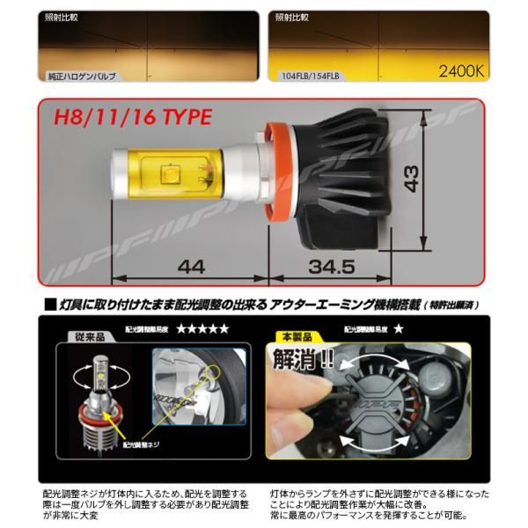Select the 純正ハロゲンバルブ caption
(x=86, y=77)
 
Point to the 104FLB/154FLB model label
(x=309, y=77)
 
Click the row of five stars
(x=202, y=328)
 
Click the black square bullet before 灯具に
(x=48, y=304)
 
